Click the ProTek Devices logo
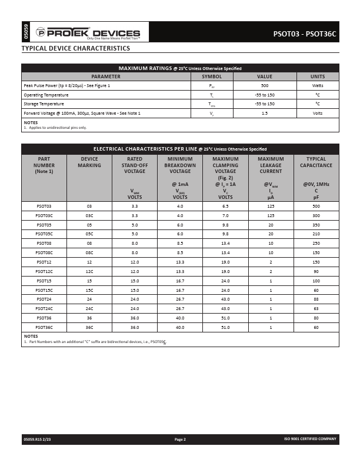pos(88,34)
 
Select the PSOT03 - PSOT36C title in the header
pos(304,34)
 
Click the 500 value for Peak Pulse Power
pos(264,85)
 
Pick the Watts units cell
pos(318,85)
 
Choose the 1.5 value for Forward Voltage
pos(264,112)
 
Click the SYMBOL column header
pos(212,76)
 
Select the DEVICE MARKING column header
pos(89,162)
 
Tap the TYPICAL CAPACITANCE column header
pos(316,162)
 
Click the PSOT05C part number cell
pos(44,234)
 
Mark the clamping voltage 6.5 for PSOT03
pos(225,207)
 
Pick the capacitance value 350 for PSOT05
pos(316,225)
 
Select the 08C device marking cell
pos(89,252)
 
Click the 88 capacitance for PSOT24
pos(316,299)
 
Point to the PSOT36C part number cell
pos(44,327)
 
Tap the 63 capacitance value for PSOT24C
pos(316,308)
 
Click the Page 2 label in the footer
pos(180,439)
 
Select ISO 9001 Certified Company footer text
pos(310,439)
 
